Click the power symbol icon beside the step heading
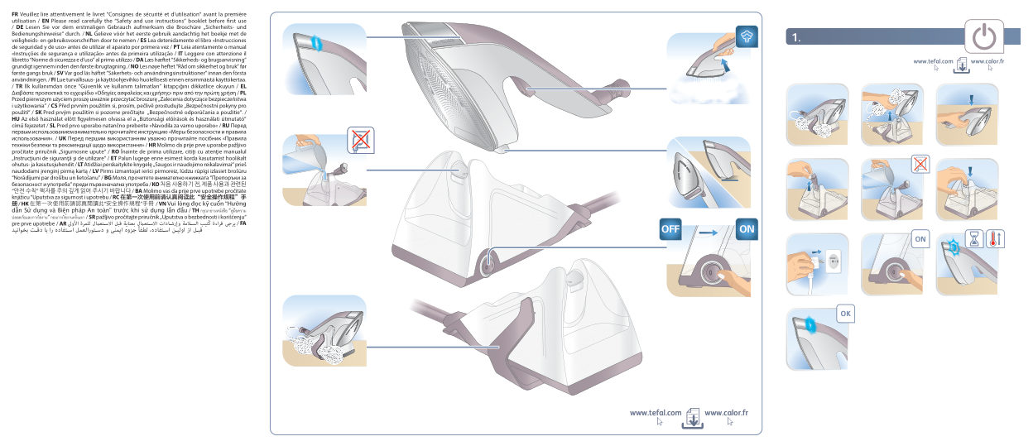[983, 37]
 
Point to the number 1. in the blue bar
[796, 37]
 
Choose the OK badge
[844, 314]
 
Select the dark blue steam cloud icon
[746, 36]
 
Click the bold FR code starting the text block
[16, 4]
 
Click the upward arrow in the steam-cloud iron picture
[725, 62]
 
